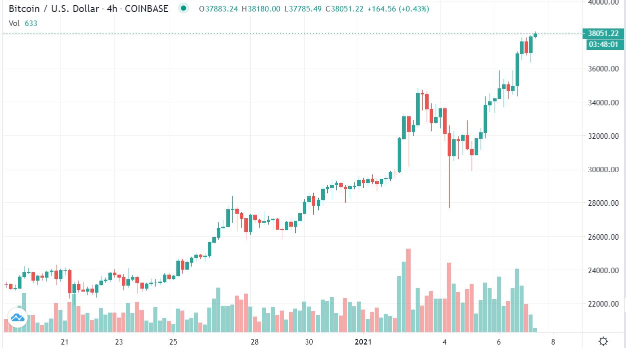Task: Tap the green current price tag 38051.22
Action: pos(603,34)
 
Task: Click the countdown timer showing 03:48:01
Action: pos(603,44)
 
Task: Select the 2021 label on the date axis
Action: pos(363,342)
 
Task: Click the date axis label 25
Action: pos(173,342)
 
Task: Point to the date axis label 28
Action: pos(254,342)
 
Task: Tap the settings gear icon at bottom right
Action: pos(603,342)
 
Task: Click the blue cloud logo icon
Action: pos(17,318)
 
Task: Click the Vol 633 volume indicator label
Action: pos(23,23)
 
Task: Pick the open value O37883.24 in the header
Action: pos(218,9)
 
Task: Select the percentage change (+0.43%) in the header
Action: pos(414,9)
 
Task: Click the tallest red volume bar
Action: pos(408,290)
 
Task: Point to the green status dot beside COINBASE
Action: pos(184,8)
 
